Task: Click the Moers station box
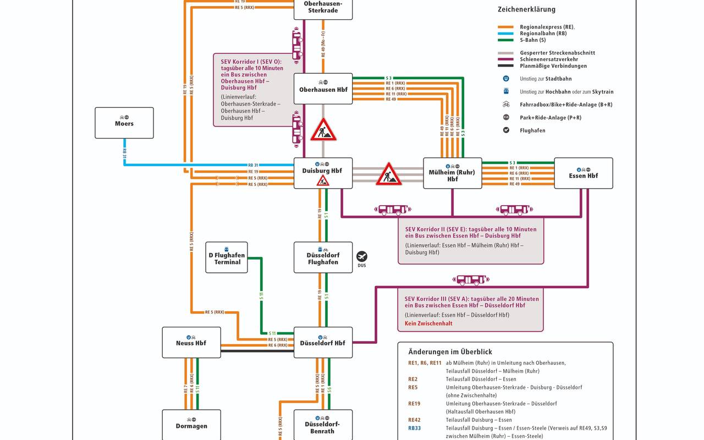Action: [124, 123]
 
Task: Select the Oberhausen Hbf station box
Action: [323, 89]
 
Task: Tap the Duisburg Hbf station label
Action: [322, 171]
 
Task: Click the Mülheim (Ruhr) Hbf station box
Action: [452, 173]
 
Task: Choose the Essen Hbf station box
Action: [583, 173]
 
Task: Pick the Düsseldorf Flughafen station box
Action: [323, 257]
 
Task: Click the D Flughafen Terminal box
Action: [227, 257]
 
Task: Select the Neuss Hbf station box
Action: [191, 342]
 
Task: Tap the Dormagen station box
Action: [191, 425]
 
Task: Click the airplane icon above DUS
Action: [361, 256]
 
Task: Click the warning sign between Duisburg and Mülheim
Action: [389, 174]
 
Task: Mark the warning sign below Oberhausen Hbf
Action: [323, 130]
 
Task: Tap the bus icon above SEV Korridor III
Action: [471, 280]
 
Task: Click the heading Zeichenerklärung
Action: [526, 9]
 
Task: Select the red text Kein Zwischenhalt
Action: [429, 323]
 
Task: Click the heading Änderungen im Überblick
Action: [450, 352]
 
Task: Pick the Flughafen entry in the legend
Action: [532, 130]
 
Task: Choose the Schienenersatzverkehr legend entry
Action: [553, 59]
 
